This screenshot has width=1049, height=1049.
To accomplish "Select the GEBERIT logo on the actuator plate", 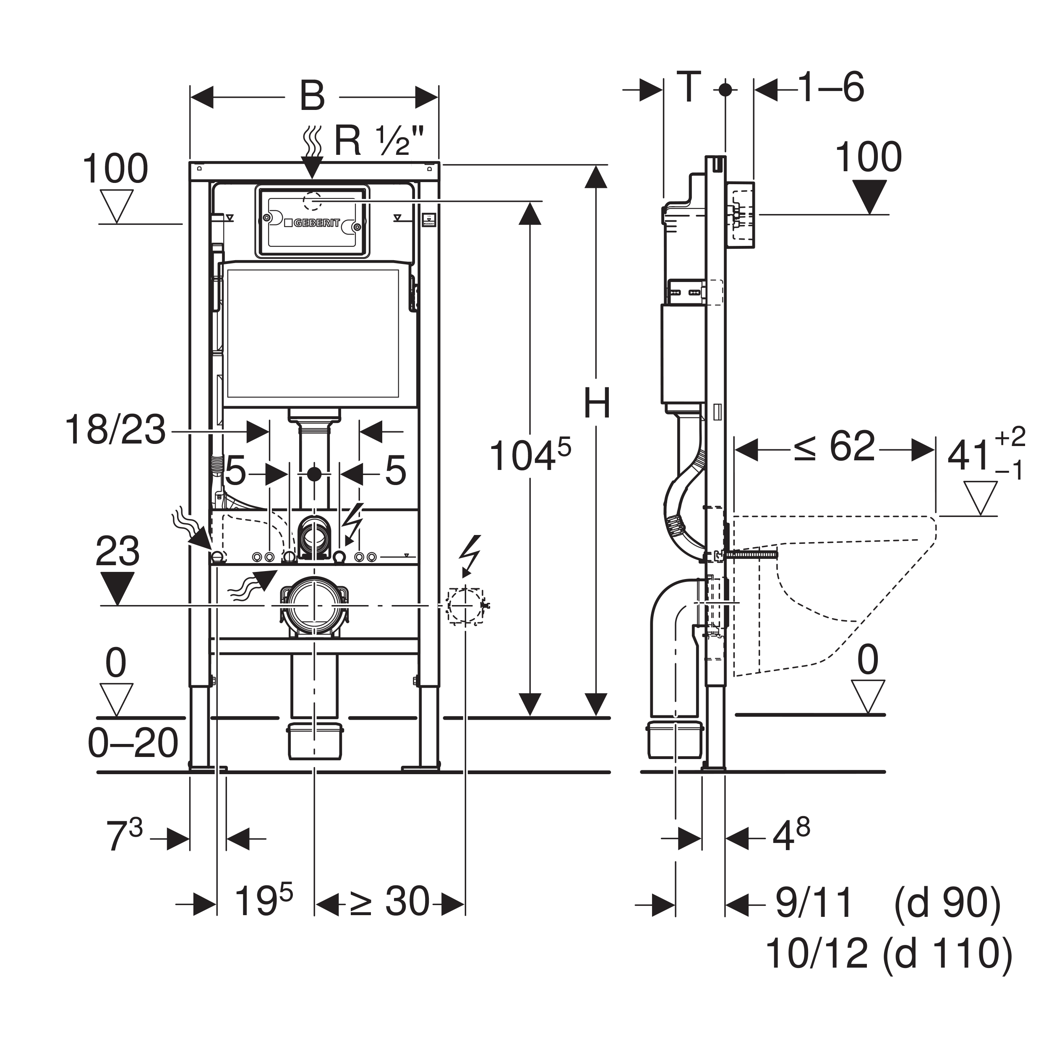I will [316, 223].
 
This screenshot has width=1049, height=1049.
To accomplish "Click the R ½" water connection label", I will [378, 141].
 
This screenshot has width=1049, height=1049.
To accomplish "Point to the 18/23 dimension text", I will [115, 430].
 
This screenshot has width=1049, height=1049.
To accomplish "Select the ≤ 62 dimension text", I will [835, 446].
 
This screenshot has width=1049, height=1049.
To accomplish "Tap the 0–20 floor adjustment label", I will [133, 743].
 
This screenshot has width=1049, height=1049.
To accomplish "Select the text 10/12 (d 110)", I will [889, 953].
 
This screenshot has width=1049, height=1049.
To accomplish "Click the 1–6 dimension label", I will [831, 87].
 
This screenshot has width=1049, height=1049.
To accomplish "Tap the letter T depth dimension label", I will [689, 87].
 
